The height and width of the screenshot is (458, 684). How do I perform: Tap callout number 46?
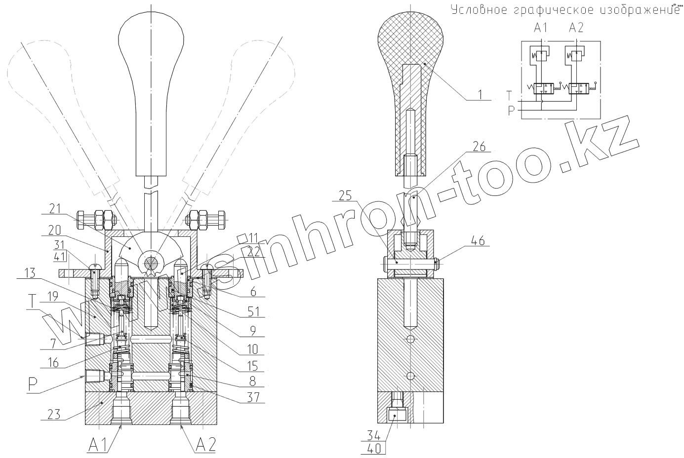[x=478, y=241]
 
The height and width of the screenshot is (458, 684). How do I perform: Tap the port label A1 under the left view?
[x=99, y=445]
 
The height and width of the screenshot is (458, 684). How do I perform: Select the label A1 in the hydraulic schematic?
[x=541, y=28]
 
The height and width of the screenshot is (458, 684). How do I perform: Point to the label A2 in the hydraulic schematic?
[x=576, y=28]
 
